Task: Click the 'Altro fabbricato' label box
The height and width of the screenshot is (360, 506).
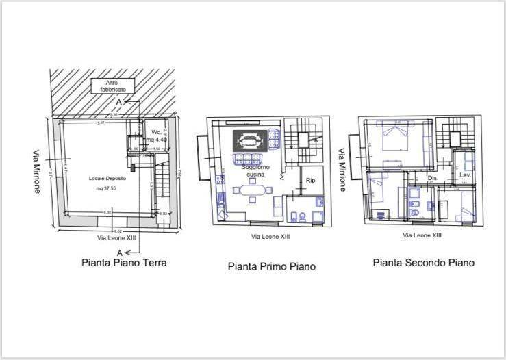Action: pos(112,86)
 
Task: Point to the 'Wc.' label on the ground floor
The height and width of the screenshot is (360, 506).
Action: pos(155,132)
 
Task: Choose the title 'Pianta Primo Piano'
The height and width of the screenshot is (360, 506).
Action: pos(271,266)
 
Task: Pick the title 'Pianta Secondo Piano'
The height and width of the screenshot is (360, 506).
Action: pos(423,262)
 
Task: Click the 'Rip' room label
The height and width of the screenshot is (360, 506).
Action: pos(310,181)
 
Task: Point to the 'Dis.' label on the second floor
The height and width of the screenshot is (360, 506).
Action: pos(432,178)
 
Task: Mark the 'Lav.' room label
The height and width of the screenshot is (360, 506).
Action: pos(465,175)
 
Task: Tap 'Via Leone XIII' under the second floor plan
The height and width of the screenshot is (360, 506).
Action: pos(422,235)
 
